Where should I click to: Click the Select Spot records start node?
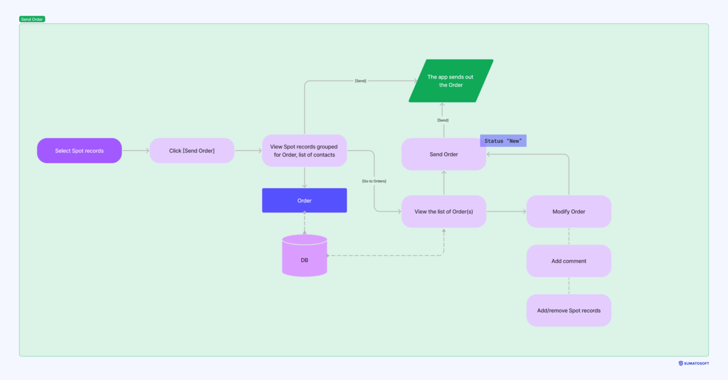pos(79,150)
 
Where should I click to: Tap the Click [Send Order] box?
pos(192,150)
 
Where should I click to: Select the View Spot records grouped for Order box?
pos(304,150)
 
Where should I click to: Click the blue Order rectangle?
pos(304,200)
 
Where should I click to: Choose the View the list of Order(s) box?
pos(443,211)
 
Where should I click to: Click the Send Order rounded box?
pos(443,154)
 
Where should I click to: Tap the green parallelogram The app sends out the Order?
pos(451,81)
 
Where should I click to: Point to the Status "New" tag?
pos(503,141)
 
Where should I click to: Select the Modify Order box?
pos(569,211)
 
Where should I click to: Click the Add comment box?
pos(569,261)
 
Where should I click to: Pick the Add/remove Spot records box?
pos(569,310)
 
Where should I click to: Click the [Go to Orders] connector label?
pos(374,181)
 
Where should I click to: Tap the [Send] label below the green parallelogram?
pos(442,120)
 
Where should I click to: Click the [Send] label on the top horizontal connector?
pos(360,81)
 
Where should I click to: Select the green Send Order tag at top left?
pos(32,19)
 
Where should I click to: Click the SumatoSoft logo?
pos(694,363)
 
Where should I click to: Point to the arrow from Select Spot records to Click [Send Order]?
pos(135,150)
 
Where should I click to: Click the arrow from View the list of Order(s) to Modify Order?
pos(506,211)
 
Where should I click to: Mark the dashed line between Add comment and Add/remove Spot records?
pos(569,286)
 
